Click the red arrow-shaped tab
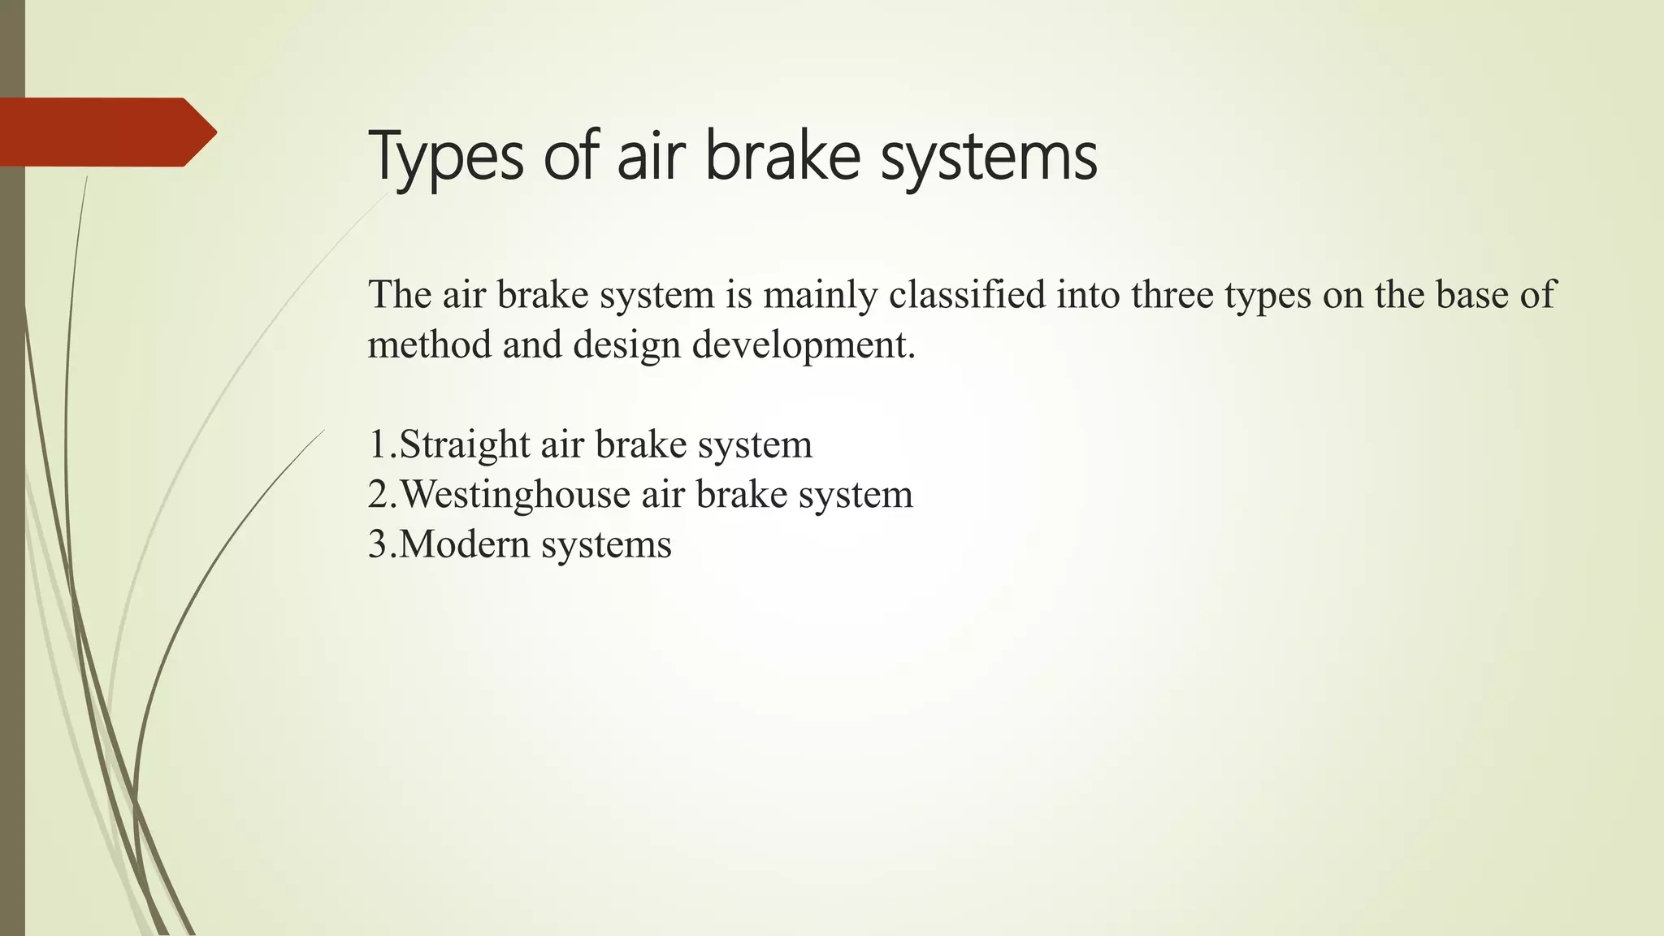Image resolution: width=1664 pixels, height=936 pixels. [x=106, y=132]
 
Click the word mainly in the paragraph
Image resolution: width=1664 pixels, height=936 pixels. [x=820, y=296]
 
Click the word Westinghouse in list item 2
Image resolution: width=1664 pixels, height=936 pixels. [x=515, y=495]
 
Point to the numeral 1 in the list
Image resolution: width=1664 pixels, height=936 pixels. [x=377, y=444]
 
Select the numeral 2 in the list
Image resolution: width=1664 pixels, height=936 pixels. [x=378, y=494]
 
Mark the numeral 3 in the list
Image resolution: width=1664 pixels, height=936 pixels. [x=378, y=544]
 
